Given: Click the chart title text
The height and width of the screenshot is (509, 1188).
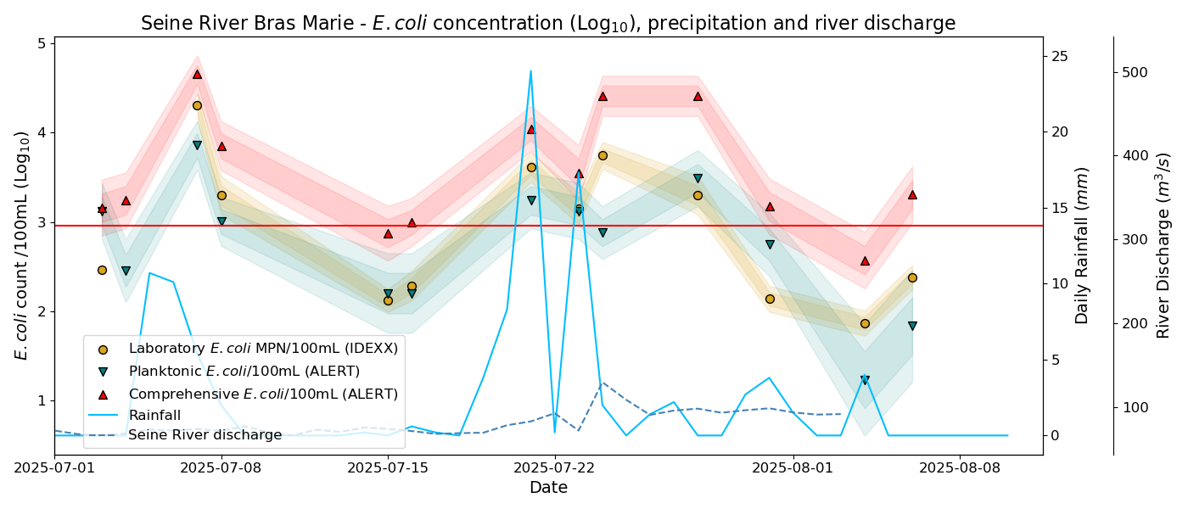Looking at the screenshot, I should point(548,23).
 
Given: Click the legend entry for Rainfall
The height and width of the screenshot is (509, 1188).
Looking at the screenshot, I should point(154,416).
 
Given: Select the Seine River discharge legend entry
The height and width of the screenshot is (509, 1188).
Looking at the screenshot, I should point(205,434).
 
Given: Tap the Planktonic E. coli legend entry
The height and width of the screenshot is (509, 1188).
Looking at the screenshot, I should point(244,372).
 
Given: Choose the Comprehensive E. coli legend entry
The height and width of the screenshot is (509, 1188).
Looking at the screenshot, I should point(262,394).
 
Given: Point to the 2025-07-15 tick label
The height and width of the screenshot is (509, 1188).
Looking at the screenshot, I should point(388,467).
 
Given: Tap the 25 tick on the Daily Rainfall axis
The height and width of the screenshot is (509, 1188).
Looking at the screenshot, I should point(1060,57).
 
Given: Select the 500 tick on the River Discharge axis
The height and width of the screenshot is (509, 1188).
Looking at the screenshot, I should point(1134,72).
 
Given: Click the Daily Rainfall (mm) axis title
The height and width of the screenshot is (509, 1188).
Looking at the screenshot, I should point(1082,245).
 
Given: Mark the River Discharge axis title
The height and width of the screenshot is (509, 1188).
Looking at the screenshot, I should point(1163,245).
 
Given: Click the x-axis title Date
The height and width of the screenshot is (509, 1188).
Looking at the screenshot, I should point(548,488).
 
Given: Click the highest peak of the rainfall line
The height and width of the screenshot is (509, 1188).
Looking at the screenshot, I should point(530,71).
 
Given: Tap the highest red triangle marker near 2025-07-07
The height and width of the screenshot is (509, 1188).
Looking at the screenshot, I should point(197,74).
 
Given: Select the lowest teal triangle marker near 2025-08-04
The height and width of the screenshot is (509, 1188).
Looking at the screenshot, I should point(865,380).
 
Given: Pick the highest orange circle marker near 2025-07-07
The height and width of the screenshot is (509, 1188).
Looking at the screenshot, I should point(197,106).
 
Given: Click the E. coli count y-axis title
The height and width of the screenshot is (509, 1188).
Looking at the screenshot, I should point(22,245).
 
